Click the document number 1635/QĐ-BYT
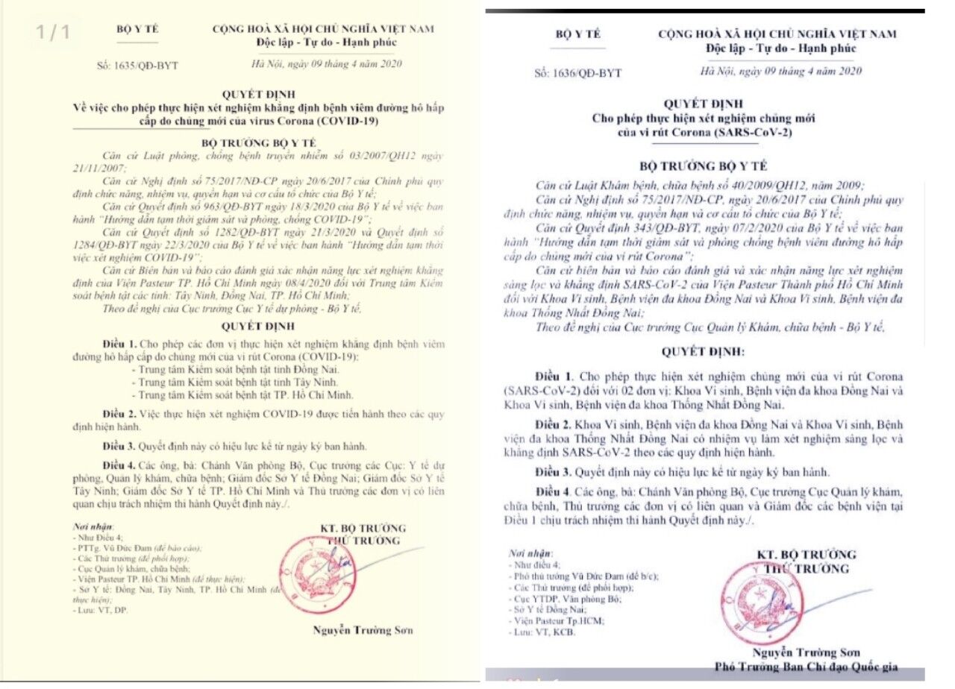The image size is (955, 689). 147,66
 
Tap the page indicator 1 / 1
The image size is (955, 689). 54,33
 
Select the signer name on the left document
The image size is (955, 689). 363,630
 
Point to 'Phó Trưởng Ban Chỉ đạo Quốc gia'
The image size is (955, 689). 806,666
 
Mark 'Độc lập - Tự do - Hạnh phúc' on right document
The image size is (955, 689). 782,48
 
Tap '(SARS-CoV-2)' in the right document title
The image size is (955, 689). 755,133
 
